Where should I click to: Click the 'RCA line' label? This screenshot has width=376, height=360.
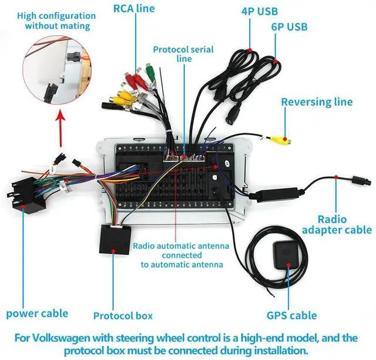coord(134,9)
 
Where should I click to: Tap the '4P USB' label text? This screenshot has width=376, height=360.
coord(260,12)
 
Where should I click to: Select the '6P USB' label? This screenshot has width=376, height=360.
coord(289,27)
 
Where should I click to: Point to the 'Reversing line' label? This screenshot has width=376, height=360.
coord(317,102)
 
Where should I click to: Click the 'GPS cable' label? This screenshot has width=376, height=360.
coord(291,315)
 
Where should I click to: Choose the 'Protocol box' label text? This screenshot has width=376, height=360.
coord(123,316)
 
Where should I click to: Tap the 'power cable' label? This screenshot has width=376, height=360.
coord(37,314)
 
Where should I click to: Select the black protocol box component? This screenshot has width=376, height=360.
coord(115,240)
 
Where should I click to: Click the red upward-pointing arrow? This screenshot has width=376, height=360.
coord(61,129)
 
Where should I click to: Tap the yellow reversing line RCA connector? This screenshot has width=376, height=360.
coord(280,140)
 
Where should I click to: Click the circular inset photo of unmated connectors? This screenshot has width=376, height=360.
coord(57,70)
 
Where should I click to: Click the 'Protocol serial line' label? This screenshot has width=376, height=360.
coord(183,54)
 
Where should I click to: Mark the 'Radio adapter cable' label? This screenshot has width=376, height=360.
coord(337,224)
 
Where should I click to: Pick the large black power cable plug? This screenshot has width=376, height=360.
coord(25,196)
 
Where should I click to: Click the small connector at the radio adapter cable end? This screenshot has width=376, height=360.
coord(362,180)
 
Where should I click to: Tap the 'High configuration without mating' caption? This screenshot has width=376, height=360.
coord(56,21)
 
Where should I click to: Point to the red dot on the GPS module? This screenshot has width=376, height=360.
coord(289,265)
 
